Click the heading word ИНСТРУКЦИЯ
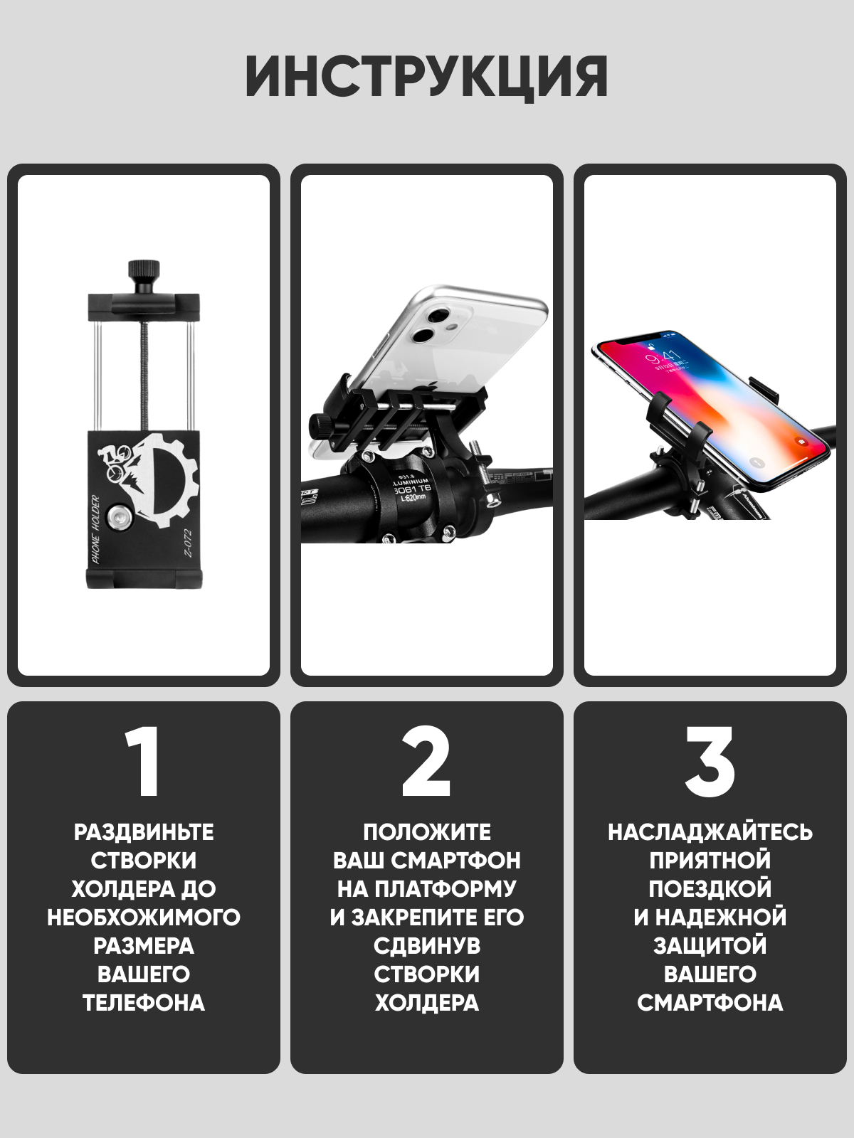click(x=427, y=77)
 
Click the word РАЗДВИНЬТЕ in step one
click(x=144, y=832)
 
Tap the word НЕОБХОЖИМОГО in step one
click(x=144, y=918)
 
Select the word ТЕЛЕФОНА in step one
click(x=144, y=1003)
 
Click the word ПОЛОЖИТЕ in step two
click(x=427, y=832)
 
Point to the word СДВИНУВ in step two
click(x=427, y=946)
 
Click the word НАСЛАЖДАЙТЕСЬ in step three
click(x=710, y=832)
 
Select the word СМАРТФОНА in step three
click(x=710, y=1003)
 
